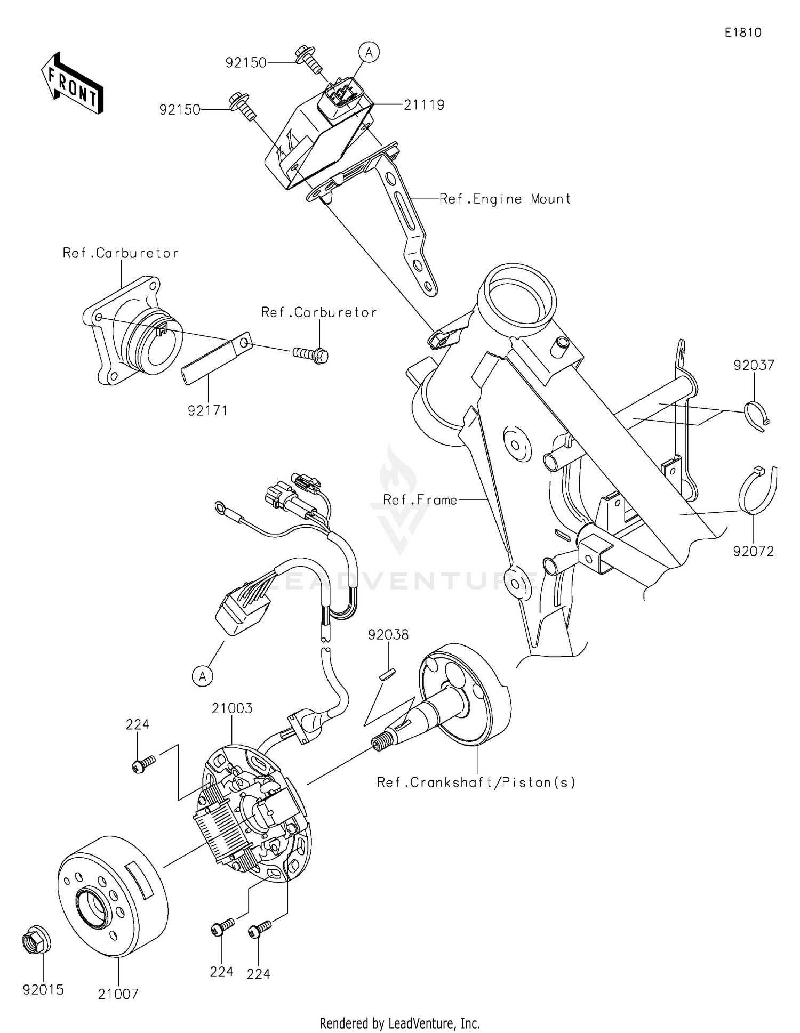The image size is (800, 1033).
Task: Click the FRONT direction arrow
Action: click(73, 84)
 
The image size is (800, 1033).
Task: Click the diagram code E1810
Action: click(743, 33)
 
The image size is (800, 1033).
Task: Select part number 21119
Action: click(424, 105)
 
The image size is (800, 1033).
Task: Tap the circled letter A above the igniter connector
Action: click(369, 52)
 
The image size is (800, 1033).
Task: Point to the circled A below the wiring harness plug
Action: click(202, 676)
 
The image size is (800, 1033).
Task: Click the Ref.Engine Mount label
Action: click(505, 199)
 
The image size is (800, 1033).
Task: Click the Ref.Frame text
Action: click(420, 500)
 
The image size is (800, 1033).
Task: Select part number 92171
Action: click(207, 410)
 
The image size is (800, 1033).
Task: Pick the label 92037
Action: click(754, 365)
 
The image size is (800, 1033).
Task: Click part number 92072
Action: click(753, 551)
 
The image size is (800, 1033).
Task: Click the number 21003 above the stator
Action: click(232, 708)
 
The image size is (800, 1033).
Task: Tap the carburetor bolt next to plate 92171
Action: click(311, 353)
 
